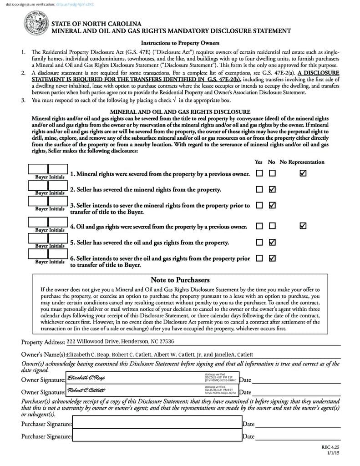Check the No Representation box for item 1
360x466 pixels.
tap(303, 173)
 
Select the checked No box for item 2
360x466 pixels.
tap(272, 189)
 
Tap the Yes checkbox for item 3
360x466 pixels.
tap(259, 205)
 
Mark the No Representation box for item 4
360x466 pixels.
tap(303, 226)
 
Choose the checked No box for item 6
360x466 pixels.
tap(272, 258)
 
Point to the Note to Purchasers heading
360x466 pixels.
tap(180, 280)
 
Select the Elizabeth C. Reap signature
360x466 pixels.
tap(86, 378)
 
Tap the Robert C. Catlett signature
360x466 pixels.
tap(86, 390)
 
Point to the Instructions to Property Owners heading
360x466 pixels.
tap(180, 43)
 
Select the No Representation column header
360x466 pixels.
tap(302, 162)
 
